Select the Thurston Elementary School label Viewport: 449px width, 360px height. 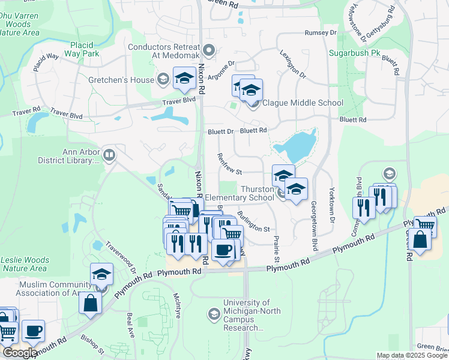tap(240, 193)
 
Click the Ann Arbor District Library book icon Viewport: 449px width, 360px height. tap(109, 155)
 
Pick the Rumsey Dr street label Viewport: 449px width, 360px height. tap(321, 32)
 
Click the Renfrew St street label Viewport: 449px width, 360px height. tap(229, 163)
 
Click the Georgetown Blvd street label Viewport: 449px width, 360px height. tap(314, 225)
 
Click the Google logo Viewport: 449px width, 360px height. tap(20, 352)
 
